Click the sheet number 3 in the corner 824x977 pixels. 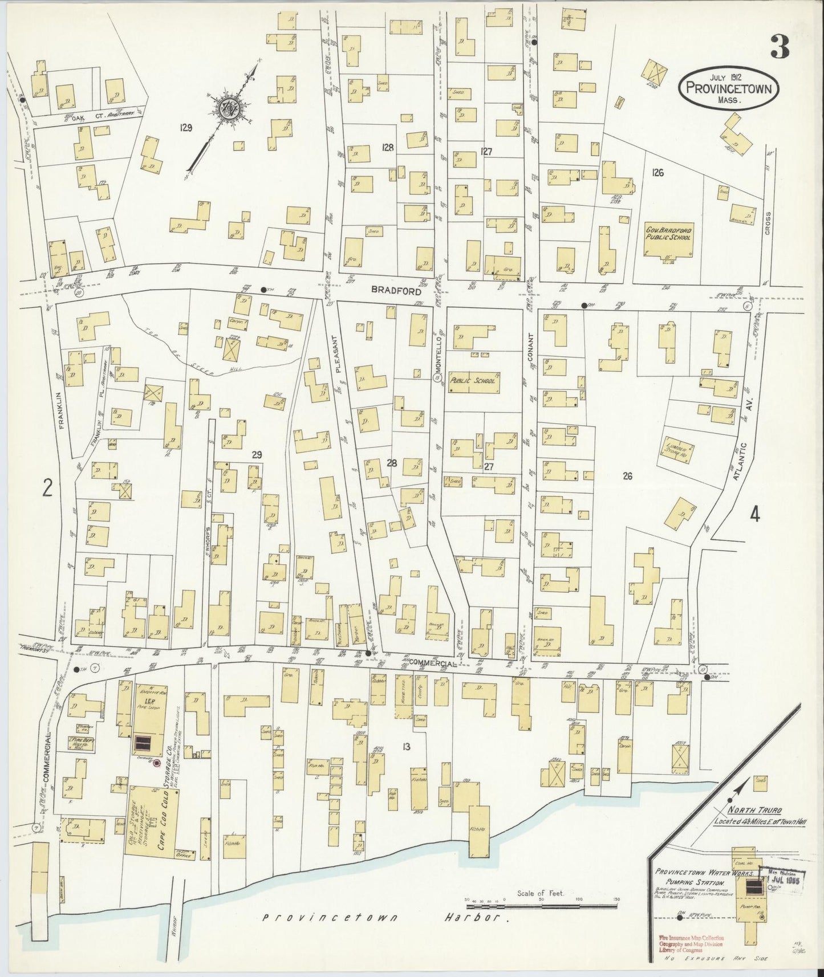click(x=780, y=47)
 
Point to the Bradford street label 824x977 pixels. click(x=392, y=290)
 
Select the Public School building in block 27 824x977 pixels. click(x=473, y=382)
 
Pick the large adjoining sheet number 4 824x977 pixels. click(x=754, y=514)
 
